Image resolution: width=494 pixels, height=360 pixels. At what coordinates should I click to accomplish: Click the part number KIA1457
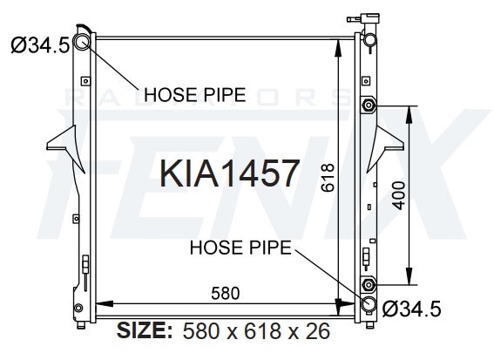pyautogui.click(x=230, y=173)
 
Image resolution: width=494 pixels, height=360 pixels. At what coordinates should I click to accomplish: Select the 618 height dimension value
pyautogui.click(x=328, y=178)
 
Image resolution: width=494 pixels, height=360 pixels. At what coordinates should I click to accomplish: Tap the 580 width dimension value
pyautogui.click(x=226, y=293)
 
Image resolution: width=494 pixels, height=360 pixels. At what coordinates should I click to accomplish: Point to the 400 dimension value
pyautogui.click(x=399, y=195)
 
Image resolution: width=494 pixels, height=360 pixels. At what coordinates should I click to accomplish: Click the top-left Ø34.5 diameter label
pyautogui.click(x=40, y=44)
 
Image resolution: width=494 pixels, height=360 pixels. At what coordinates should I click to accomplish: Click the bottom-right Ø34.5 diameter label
pyautogui.click(x=411, y=309)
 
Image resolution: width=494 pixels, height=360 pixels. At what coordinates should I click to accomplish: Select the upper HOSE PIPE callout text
pyautogui.click(x=194, y=94)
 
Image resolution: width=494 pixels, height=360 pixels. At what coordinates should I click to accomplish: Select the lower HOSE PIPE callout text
pyautogui.click(x=240, y=248)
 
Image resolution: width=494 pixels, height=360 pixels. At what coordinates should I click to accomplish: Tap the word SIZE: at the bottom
pyautogui.click(x=145, y=330)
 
